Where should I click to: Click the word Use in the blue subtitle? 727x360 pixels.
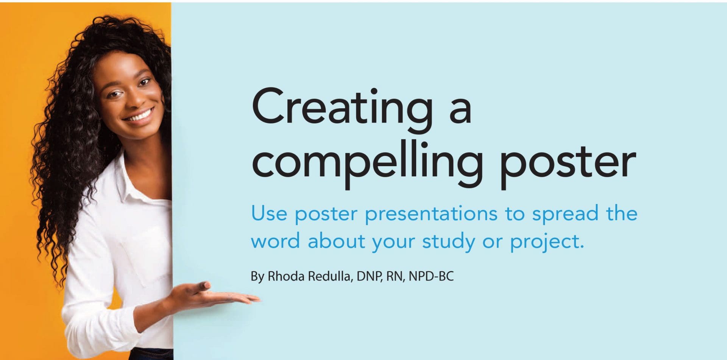click(269, 214)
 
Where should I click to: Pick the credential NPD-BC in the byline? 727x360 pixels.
click(431, 276)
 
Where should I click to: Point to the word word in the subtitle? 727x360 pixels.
click(275, 242)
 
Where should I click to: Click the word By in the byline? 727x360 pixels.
click(257, 276)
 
